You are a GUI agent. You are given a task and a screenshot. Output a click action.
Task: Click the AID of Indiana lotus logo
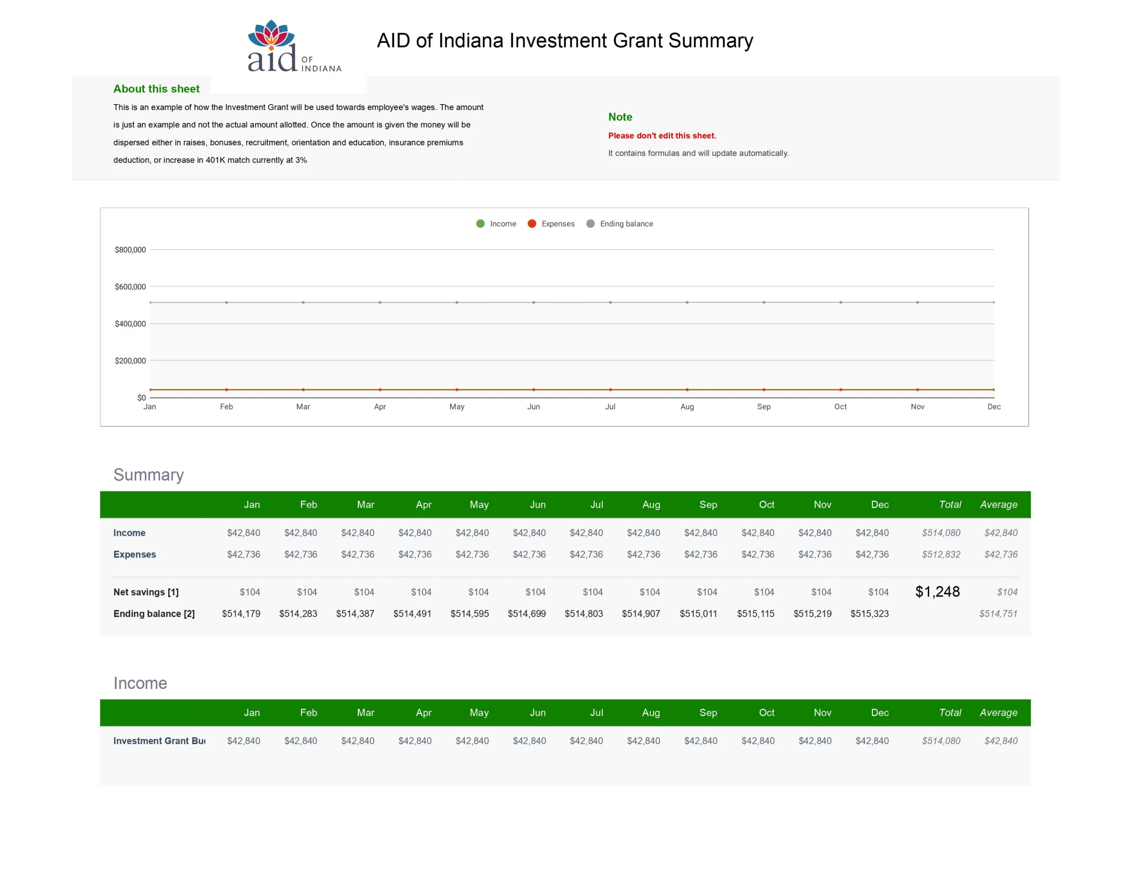294,46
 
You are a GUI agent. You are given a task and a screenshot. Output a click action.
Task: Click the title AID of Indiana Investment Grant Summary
565,40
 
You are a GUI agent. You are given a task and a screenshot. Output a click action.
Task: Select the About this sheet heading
156,88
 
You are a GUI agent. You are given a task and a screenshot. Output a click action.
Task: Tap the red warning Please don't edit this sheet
662,136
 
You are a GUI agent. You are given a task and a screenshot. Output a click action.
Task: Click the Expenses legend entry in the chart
551,224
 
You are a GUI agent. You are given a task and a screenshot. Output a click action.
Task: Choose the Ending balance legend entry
619,224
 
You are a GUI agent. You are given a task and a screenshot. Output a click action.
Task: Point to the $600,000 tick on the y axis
130,286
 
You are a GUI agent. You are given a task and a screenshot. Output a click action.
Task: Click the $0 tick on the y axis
141,397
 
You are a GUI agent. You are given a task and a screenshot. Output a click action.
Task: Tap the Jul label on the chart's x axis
610,407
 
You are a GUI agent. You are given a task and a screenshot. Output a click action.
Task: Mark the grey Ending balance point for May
457,302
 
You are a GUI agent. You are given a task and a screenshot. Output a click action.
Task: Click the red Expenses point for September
764,390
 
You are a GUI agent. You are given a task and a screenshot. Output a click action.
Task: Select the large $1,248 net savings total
937,592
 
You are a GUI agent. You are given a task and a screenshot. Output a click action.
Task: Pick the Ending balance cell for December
869,613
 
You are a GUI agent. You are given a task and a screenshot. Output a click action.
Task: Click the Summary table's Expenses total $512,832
941,555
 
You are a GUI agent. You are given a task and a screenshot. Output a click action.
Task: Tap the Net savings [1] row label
146,592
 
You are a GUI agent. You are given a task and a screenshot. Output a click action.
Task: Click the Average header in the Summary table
998,505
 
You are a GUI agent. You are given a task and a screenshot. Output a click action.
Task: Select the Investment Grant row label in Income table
159,741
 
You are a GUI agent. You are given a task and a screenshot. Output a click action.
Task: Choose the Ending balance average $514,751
998,613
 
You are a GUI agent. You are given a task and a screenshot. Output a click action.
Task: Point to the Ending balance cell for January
241,613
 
